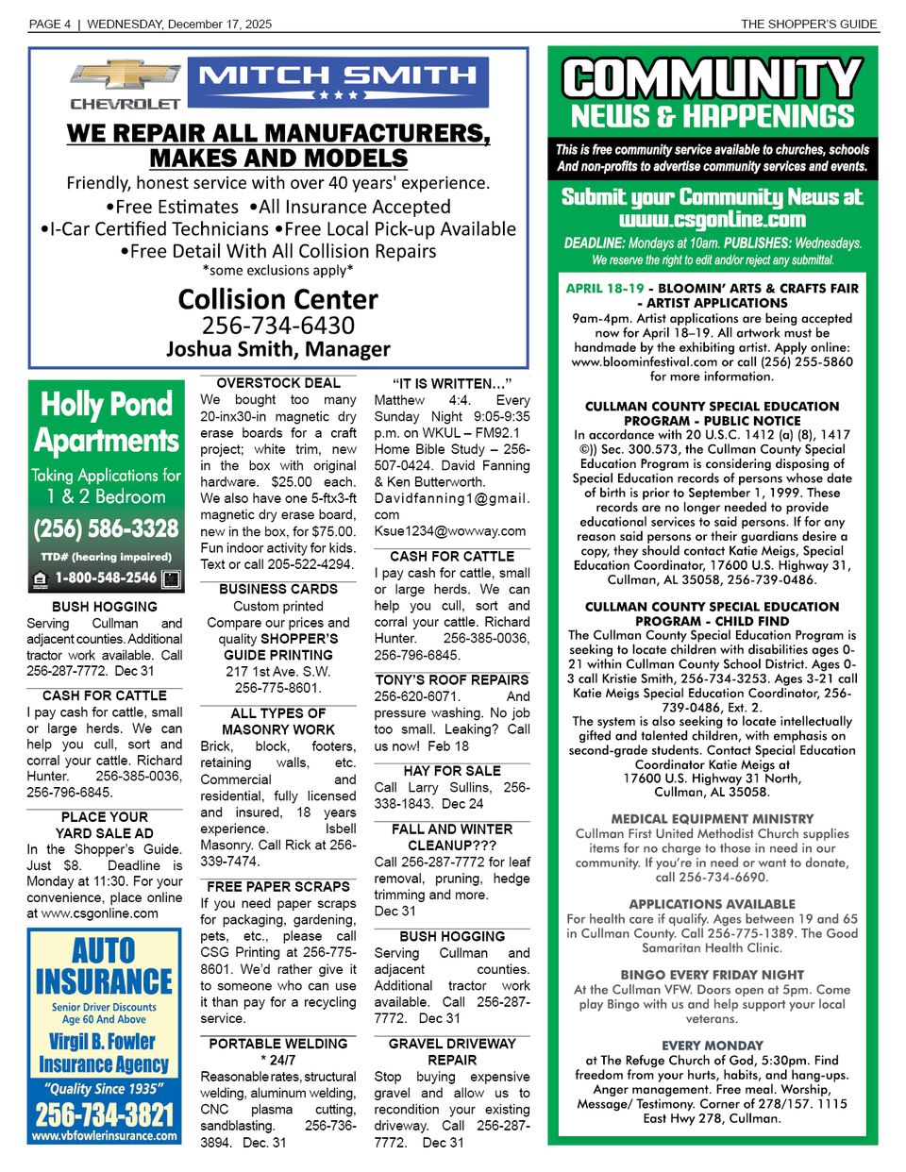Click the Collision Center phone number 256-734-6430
(x=277, y=326)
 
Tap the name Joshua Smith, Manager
(x=277, y=349)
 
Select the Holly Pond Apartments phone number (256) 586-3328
(x=106, y=528)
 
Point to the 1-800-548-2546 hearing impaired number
(x=106, y=578)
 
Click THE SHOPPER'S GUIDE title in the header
(x=808, y=25)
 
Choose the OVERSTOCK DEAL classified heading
(x=278, y=383)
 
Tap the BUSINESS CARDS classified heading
(x=278, y=589)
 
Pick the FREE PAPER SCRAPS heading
(x=278, y=886)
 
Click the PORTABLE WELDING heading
(x=278, y=1044)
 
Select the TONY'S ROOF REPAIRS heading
(x=452, y=679)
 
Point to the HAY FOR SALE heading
(x=452, y=771)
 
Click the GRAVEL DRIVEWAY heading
(x=452, y=1044)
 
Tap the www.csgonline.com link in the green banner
(x=713, y=220)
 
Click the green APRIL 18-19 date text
(x=605, y=289)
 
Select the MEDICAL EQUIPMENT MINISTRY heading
(x=713, y=819)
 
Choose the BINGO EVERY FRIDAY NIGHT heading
(x=713, y=975)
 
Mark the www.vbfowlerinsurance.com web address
(x=105, y=1136)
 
